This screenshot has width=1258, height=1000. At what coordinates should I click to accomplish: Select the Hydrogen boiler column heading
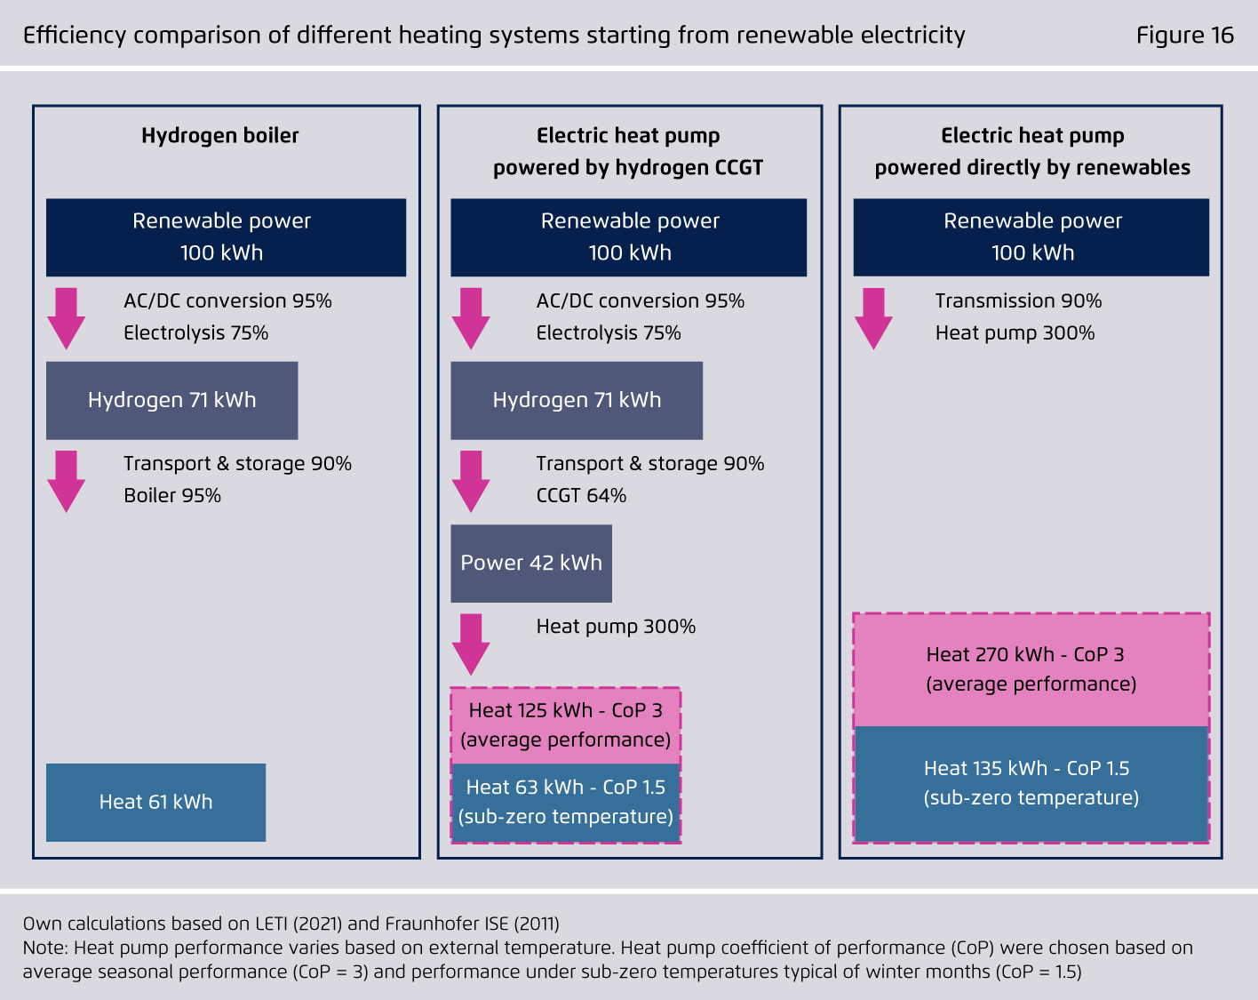[x=219, y=136]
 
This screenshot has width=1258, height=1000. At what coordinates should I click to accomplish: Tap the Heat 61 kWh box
[x=155, y=803]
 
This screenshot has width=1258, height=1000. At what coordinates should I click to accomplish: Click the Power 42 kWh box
[x=530, y=564]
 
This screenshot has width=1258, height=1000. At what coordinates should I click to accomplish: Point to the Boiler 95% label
[x=171, y=496]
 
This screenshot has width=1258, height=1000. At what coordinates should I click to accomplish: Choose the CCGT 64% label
[x=581, y=496]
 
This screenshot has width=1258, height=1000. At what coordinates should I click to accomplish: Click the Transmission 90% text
[x=1018, y=301]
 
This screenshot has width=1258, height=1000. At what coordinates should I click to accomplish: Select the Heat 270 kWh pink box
[x=1031, y=669]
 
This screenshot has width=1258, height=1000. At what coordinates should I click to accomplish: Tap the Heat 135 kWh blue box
[x=1031, y=784]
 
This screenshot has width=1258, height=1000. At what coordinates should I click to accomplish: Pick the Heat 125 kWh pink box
[x=565, y=725]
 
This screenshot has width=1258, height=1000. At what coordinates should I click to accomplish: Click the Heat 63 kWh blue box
[x=565, y=803]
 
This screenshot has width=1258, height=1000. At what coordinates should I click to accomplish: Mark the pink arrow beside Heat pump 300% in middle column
[x=471, y=644]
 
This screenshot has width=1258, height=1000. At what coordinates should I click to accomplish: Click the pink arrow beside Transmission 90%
[x=873, y=319]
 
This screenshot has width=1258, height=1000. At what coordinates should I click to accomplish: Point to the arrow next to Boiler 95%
[x=66, y=481]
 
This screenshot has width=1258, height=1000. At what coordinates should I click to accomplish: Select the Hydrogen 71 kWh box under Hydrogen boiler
[x=171, y=401]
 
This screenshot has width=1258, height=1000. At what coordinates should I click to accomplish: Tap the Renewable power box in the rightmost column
[x=1031, y=237]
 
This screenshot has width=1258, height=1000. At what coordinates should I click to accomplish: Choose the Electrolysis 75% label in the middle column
[x=609, y=333]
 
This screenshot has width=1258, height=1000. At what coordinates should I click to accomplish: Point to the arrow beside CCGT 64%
[x=471, y=481]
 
